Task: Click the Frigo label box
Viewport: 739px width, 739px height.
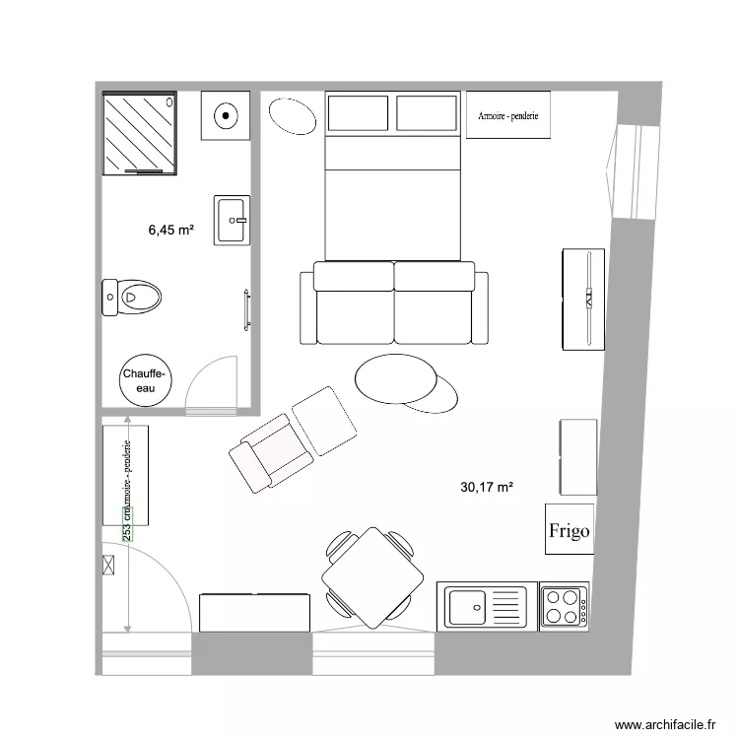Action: click(568, 530)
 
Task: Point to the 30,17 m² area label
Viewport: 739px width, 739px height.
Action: click(488, 486)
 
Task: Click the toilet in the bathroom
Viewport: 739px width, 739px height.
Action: click(131, 295)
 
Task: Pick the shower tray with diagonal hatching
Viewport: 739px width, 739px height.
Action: click(139, 133)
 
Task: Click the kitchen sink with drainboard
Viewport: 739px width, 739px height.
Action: click(487, 606)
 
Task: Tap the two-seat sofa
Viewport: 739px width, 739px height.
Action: click(393, 302)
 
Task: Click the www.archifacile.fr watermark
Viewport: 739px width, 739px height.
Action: click(665, 724)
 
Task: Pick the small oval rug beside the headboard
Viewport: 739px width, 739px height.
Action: click(292, 115)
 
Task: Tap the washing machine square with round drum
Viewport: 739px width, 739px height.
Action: click(227, 116)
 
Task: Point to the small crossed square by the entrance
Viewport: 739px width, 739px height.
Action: click(108, 565)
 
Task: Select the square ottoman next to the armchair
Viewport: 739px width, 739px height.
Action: click(326, 422)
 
